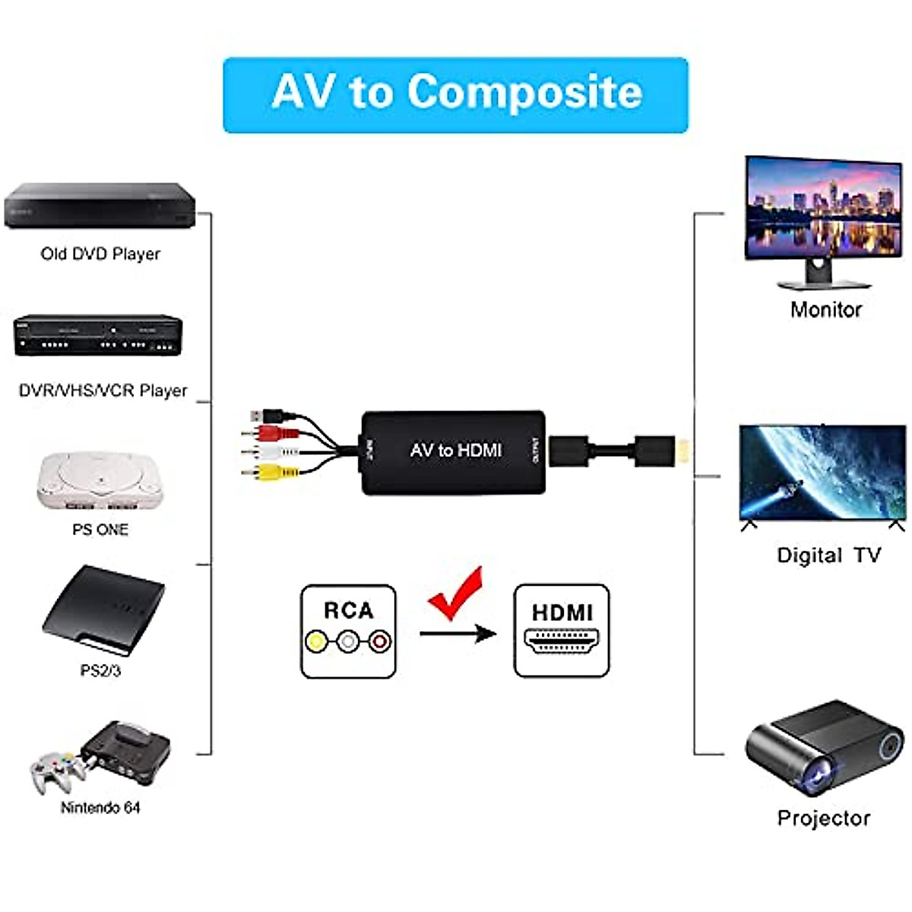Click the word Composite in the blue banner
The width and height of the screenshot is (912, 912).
point(524,93)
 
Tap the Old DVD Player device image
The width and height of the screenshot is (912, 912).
point(100,205)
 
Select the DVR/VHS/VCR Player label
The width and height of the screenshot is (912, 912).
point(103,391)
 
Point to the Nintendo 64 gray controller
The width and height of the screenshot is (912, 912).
point(57,769)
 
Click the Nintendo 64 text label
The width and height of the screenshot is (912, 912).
point(100,807)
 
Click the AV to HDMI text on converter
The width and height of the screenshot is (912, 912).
point(455,451)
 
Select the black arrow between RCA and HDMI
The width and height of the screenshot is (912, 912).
point(458,633)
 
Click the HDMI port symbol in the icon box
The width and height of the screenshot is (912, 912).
point(562,642)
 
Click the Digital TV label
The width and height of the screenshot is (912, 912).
point(828,556)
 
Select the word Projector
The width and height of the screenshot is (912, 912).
point(823,819)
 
